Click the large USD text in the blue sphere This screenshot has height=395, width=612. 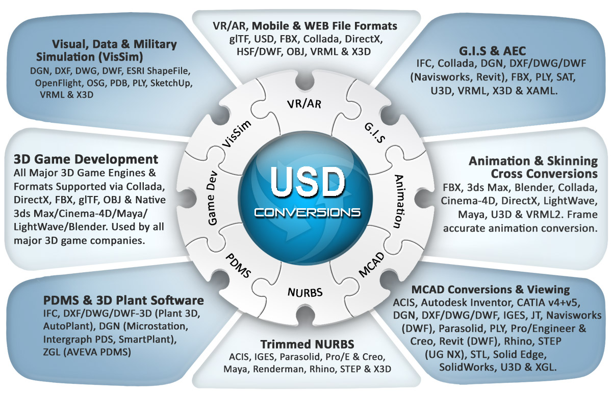pos(308,182)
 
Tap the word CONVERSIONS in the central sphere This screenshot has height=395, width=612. pos(308,213)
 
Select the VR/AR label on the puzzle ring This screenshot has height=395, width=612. pos(304,104)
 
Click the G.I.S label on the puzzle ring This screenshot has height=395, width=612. pos(375,133)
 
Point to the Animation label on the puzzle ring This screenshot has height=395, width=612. pos(399,201)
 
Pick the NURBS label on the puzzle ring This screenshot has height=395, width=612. pos(305,293)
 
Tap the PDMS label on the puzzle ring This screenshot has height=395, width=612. pos(238,266)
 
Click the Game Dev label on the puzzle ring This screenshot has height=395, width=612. pos(212,198)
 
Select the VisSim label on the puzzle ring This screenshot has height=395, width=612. pos(236,134)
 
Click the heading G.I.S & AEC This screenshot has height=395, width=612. pos(492,51)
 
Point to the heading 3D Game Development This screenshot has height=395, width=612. pos(86,159)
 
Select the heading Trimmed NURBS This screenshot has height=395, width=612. pos(307,344)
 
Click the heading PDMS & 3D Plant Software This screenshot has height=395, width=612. pos(123,300)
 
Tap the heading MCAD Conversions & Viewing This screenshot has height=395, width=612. pos(491,290)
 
